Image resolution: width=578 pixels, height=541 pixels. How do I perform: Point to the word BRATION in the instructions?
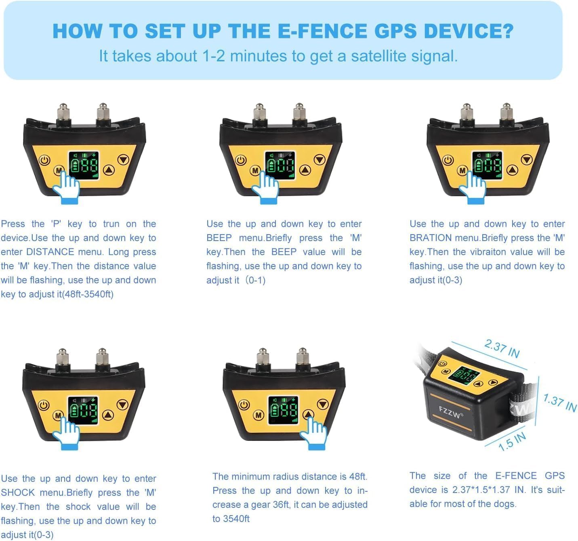tap(430, 238)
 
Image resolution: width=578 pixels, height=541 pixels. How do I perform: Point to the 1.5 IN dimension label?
tap(512, 441)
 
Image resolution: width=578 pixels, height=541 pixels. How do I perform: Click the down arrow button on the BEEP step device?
tap(320, 160)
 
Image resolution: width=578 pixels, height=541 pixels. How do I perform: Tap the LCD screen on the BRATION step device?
tap(487, 166)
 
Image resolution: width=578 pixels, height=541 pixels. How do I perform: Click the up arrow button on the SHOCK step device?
tap(108, 415)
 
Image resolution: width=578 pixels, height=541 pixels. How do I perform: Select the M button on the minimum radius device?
tap(259, 415)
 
